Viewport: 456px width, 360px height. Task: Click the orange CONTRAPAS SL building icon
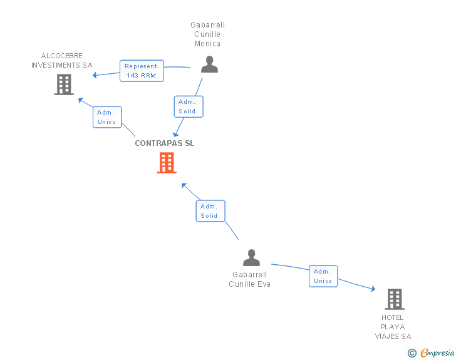coord(167,163)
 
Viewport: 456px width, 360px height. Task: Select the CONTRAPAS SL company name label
coord(165,143)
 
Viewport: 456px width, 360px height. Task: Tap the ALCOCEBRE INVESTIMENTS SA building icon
coord(64,85)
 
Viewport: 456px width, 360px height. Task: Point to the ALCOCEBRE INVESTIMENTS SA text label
coord(61,61)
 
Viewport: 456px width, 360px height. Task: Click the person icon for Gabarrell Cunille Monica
coord(209,64)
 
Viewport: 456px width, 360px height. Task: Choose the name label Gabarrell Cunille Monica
coord(208,34)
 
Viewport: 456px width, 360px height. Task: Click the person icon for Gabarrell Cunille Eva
coord(252,258)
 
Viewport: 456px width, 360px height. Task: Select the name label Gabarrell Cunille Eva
coord(249,279)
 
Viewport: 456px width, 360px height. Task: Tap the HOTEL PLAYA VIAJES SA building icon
coord(395,299)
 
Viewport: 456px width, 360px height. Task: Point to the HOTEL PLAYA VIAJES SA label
coord(393,327)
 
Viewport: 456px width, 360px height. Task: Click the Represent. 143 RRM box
coord(142,71)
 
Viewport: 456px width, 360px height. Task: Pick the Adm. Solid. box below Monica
coord(189,106)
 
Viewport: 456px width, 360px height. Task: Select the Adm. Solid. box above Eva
coord(210,211)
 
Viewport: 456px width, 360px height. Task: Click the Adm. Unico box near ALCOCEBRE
coord(107,117)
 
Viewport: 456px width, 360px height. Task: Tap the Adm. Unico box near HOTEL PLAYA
coord(323,276)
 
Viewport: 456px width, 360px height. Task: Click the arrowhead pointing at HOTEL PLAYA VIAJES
coord(373,289)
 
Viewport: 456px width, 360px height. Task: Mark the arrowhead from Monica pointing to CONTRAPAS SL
coord(175,134)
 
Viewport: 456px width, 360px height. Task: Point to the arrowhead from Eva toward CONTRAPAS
coord(184,185)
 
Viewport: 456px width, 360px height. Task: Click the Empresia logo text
coord(437,353)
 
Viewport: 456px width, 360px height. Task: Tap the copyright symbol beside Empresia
coord(412,353)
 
